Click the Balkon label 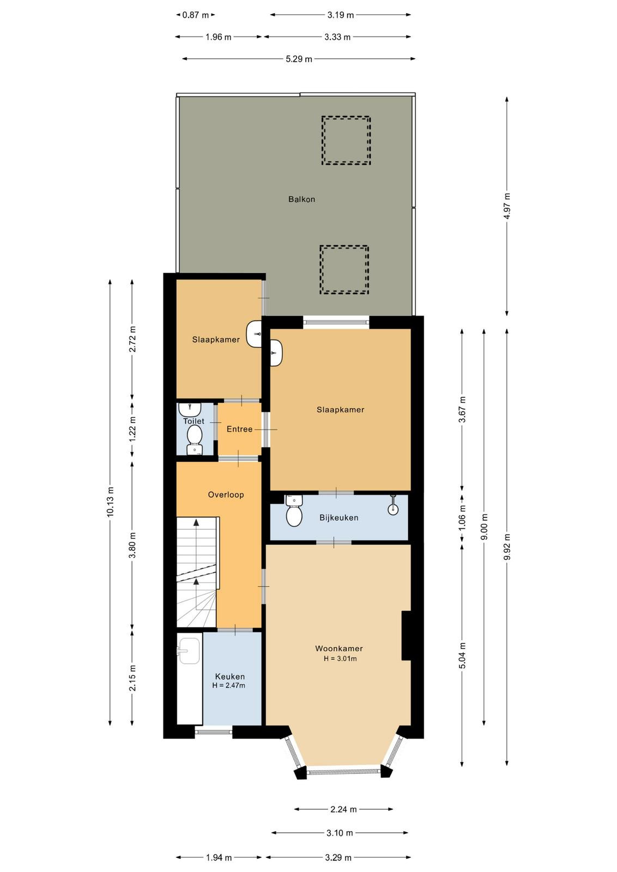point(302,199)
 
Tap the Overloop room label point(226,495)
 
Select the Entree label point(239,429)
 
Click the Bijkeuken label point(338,518)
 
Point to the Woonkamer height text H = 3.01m point(340,659)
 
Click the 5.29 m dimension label point(299,59)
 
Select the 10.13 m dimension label point(111,502)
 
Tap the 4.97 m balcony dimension point(507,207)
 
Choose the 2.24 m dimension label point(343,809)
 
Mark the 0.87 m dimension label point(196,15)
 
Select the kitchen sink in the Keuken point(189,650)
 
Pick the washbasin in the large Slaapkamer point(276,353)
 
